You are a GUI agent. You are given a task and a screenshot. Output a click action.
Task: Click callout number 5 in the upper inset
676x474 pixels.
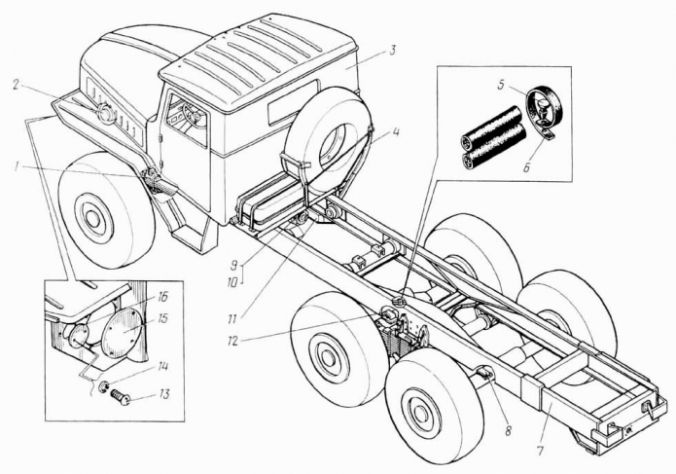(x=502, y=85)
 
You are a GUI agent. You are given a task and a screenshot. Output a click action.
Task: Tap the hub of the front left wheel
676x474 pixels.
(x=93, y=219)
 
